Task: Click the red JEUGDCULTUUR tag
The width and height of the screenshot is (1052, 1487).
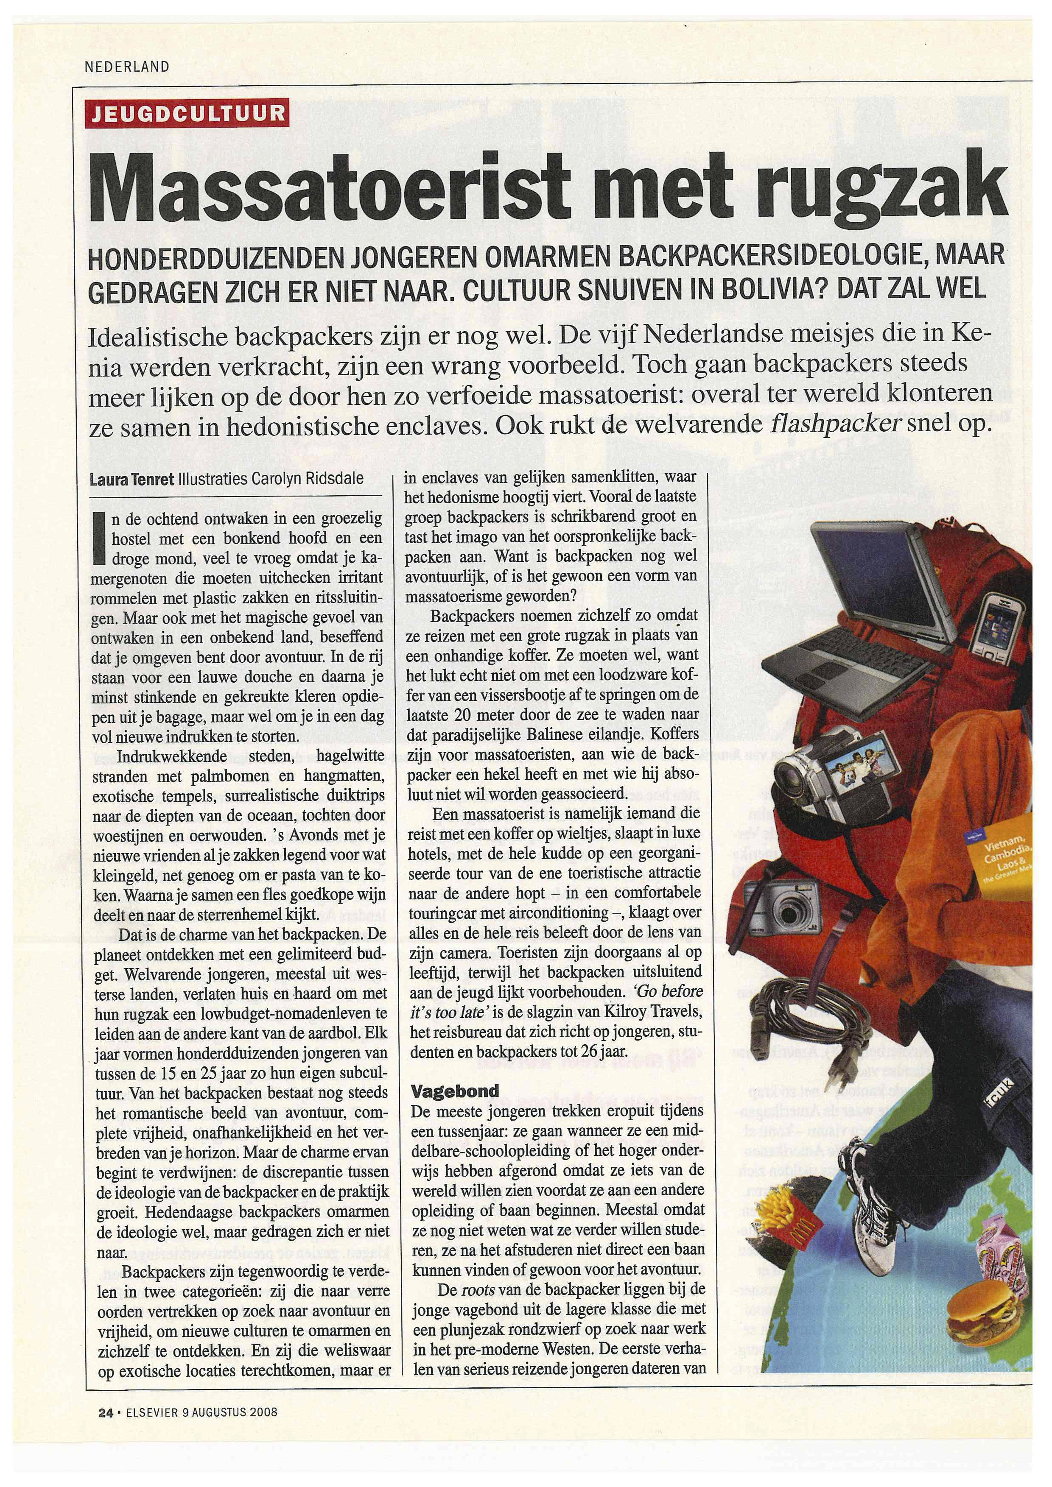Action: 188,113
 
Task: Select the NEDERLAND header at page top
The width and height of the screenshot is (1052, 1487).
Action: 128,67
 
